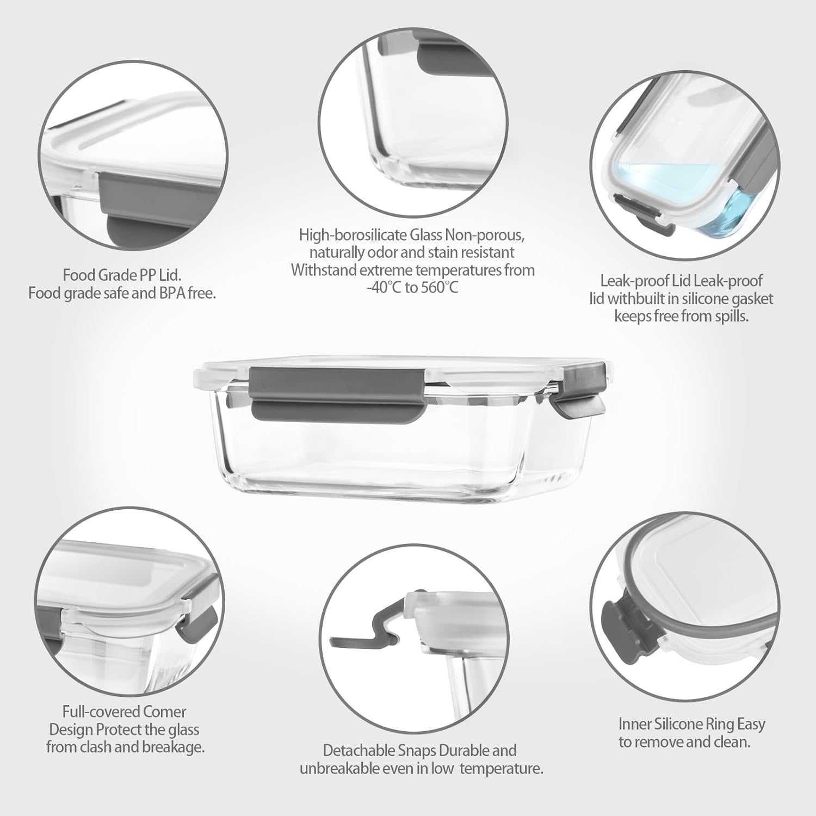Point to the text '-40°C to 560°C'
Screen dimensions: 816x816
pos(412,287)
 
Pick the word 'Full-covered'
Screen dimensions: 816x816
pos(94,712)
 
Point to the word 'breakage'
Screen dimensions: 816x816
pos(172,747)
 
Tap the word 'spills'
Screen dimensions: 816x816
pos(730,316)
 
